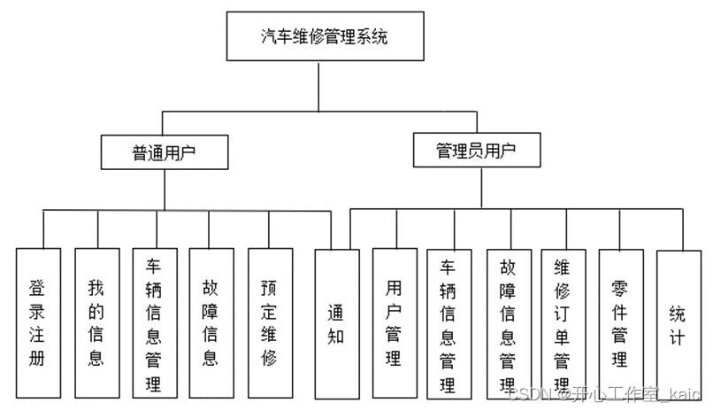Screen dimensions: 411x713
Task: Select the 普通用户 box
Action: (x=165, y=152)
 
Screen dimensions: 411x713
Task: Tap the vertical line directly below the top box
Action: (x=319, y=89)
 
